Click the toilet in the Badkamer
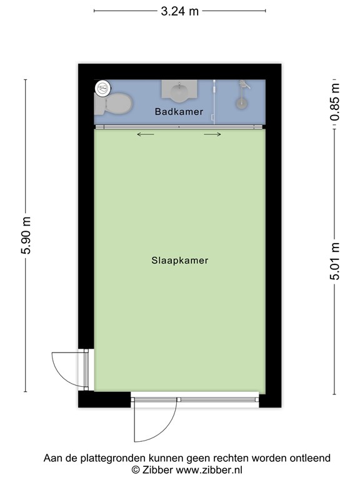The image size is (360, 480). tap(117, 103)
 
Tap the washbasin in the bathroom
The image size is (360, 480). tap(179, 92)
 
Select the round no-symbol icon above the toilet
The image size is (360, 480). tap(102, 88)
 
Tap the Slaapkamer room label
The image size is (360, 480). tap(179, 261)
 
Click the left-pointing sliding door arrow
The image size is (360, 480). tap(146, 134)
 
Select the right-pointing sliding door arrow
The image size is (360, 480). tap(212, 134)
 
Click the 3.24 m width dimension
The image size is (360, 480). tap(179, 11)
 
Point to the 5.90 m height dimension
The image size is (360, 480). tap(26, 236)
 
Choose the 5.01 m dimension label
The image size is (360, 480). tap(336, 262)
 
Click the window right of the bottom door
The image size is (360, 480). tap(218, 399)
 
